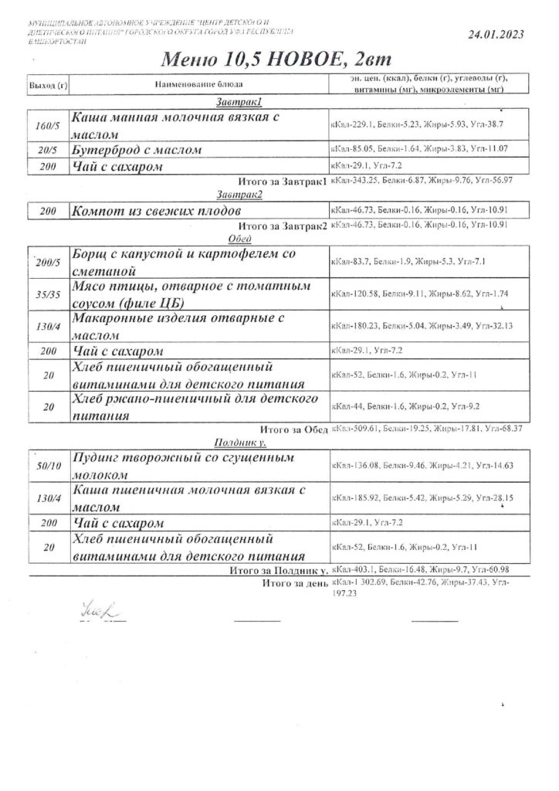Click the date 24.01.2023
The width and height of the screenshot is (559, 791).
[496, 34]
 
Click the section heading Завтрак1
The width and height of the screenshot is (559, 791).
[238, 102]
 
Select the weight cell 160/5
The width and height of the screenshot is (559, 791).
[47, 125]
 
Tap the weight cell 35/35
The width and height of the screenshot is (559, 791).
[47, 295]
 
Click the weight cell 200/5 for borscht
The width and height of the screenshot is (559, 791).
[47, 263]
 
